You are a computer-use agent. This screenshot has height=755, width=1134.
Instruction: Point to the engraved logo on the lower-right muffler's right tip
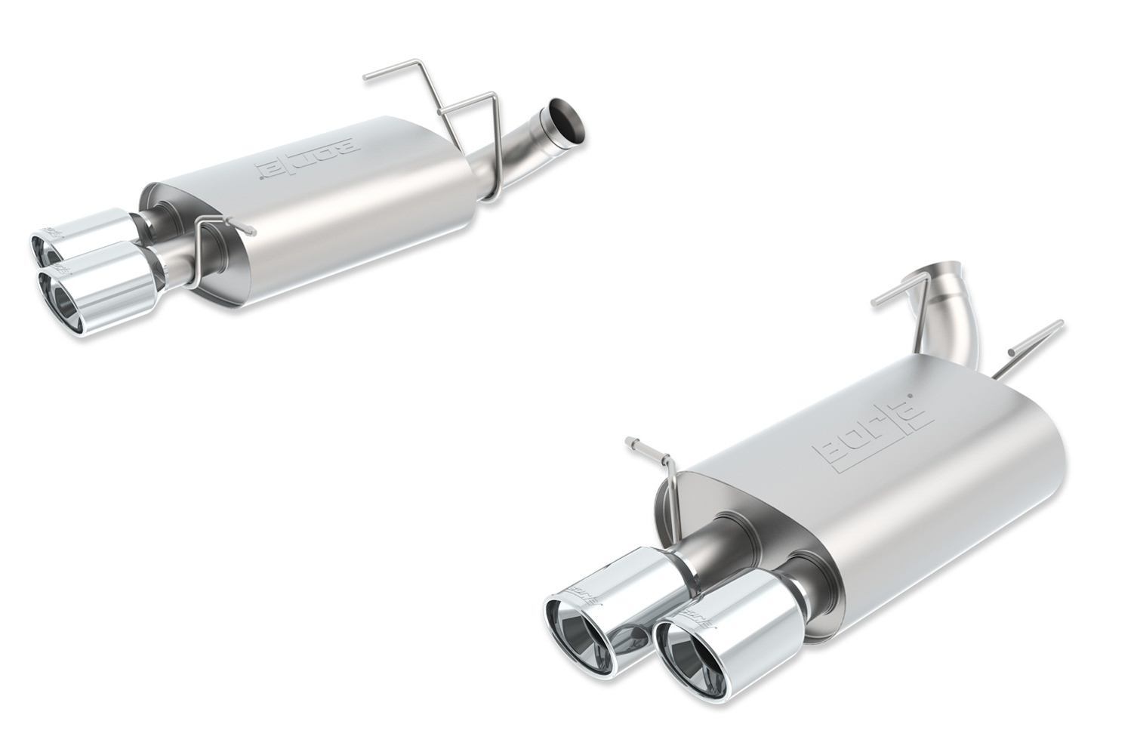click(x=707, y=615)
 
